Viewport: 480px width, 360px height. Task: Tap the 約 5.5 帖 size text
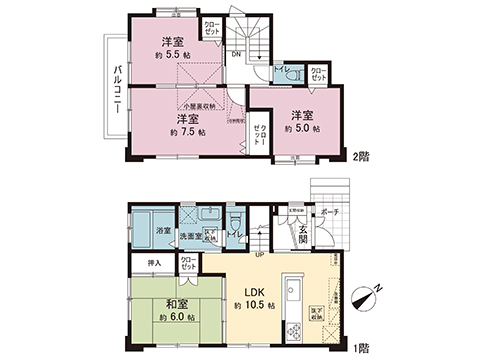[173, 57]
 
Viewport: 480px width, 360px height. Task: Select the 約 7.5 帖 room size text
[187, 132]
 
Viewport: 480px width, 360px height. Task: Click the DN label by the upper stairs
[237, 53]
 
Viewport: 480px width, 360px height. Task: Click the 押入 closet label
[154, 262]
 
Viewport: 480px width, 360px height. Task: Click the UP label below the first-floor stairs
[261, 253]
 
